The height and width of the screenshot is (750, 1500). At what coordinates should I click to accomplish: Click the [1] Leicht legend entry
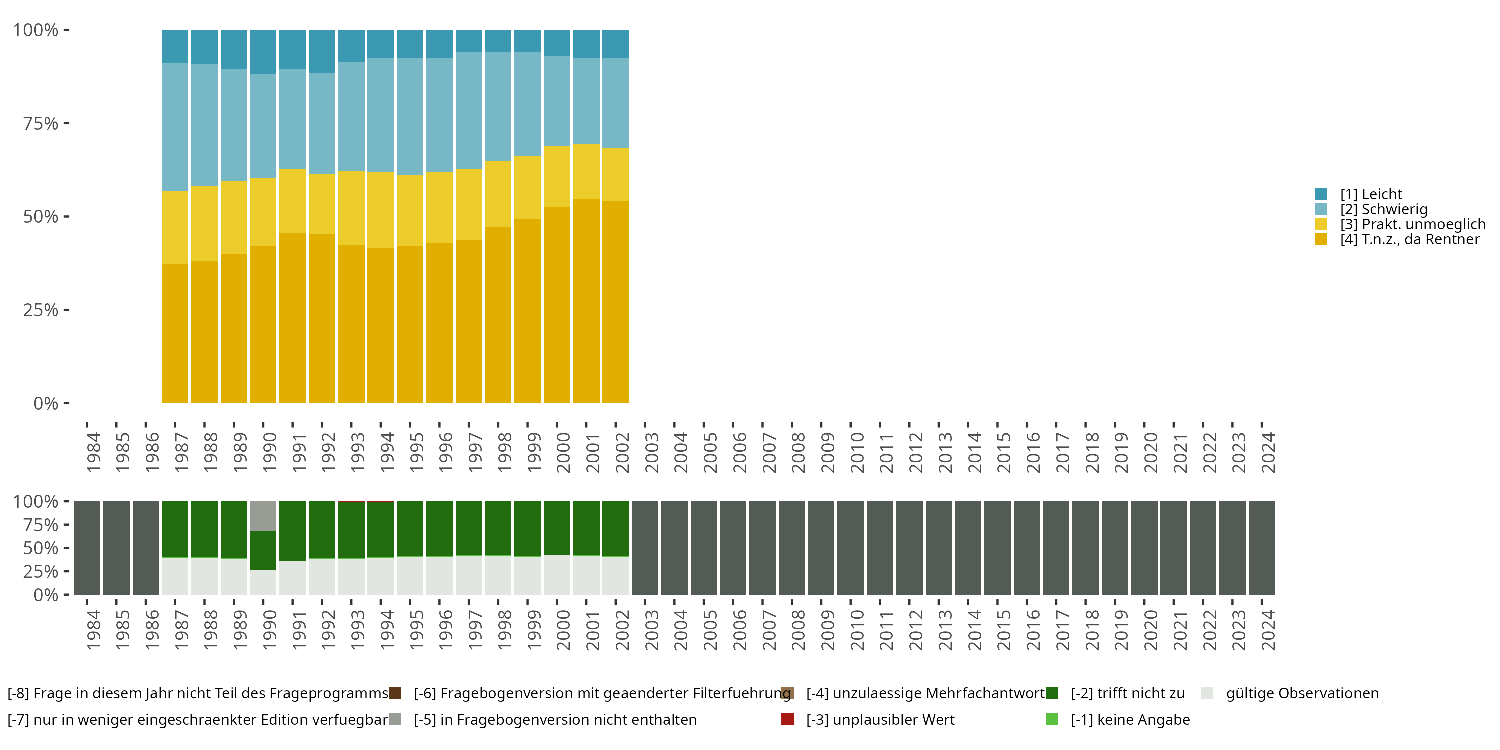(x=1370, y=194)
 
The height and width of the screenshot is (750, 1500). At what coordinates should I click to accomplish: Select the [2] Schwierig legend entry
(x=1383, y=209)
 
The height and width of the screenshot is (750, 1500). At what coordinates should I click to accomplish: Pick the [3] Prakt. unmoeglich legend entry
(x=1412, y=225)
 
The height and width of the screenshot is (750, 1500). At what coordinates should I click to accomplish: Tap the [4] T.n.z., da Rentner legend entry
(x=1409, y=240)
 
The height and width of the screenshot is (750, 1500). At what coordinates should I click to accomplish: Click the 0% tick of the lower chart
(x=46, y=595)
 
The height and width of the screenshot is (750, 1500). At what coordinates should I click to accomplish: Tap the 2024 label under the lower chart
(x=1267, y=630)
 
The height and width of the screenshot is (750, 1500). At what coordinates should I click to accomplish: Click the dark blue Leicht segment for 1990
(x=263, y=52)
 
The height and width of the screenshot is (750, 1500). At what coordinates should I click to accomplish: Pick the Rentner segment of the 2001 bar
(x=586, y=301)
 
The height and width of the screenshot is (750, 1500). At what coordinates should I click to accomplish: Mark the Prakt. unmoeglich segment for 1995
(x=410, y=211)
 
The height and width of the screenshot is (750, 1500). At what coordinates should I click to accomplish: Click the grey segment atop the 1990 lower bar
(x=263, y=516)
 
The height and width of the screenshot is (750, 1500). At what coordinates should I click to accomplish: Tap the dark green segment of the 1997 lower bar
(x=469, y=528)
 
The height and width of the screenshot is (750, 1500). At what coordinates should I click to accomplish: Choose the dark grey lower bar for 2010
(x=850, y=548)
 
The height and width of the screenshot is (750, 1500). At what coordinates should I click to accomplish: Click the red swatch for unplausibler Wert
(x=787, y=719)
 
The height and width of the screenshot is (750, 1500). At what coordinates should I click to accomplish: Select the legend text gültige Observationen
(x=1302, y=693)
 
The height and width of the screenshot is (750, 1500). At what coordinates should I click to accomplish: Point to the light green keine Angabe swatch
(x=1051, y=719)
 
